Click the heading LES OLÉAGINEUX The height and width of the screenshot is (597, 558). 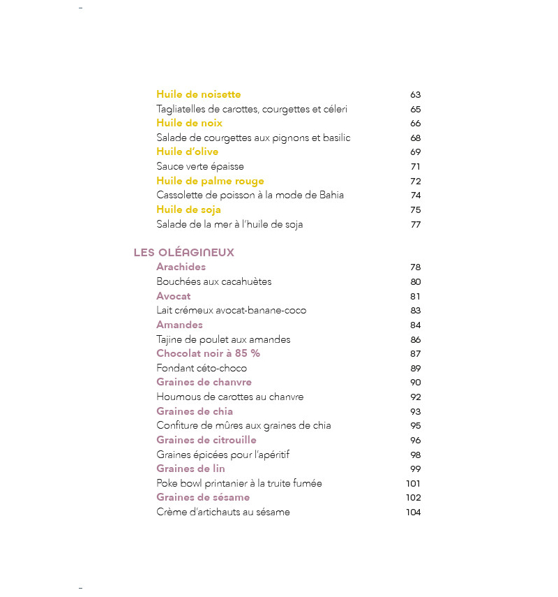tap(184, 253)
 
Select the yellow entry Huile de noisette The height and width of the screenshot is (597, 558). tap(199, 94)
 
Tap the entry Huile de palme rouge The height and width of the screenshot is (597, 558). tap(210, 181)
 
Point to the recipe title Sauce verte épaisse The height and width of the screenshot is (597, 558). tap(200, 166)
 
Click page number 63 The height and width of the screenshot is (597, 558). tap(416, 95)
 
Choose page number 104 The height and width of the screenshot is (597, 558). tap(414, 513)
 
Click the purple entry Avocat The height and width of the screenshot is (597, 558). tap(174, 296)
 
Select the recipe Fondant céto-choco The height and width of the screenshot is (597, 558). tap(202, 368)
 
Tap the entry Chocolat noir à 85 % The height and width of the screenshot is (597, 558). tap(208, 353)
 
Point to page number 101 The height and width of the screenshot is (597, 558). tap(414, 483)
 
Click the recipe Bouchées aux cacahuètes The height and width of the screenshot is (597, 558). tap(214, 281)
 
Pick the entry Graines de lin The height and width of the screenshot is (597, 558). tap(190, 469)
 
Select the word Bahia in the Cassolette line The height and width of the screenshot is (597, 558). tap(332, 195)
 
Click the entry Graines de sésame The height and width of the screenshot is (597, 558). tap(203, 497)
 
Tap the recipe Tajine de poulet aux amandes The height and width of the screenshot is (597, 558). tap(223, 339)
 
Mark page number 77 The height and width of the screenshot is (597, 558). tap(416, 224)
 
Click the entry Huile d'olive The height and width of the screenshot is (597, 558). tap(188, 152)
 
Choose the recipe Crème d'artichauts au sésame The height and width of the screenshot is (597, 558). tap(223, 512)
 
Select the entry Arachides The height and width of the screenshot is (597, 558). tap(181, 267)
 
